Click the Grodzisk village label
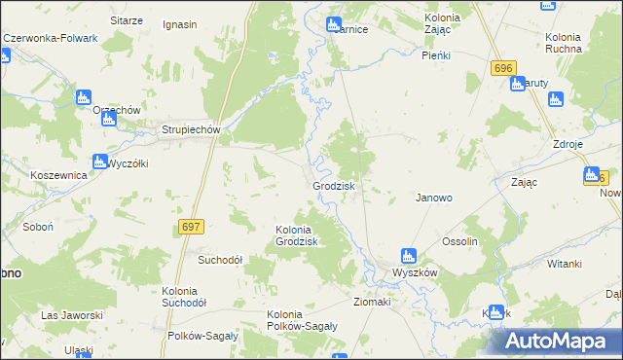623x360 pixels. [333, 185]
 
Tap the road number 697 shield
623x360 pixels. [191, 227]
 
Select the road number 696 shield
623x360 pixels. [502, 68]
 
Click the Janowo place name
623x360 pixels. [434, 197]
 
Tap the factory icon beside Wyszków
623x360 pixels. [410, 257]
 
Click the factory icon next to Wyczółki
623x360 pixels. [99, 162]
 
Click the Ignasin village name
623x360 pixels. [181, 23]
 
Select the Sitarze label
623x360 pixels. [128, 20]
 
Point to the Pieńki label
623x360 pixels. [436, 55]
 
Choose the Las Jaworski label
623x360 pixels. [72, 315]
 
